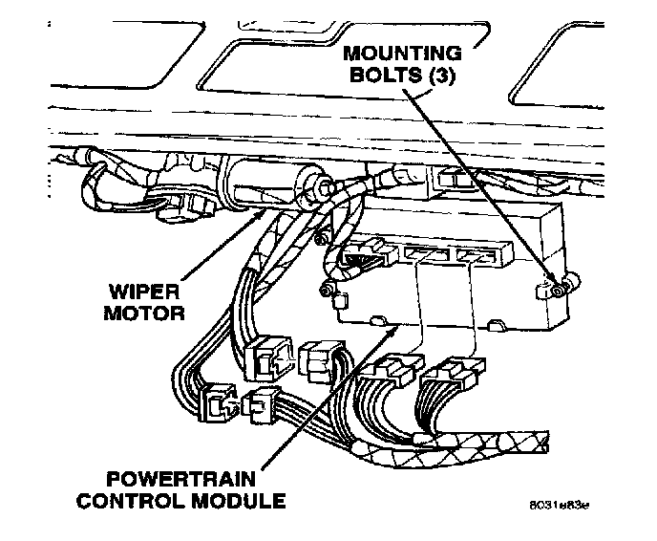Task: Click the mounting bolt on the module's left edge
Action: coord(327,289)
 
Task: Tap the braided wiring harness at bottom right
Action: coord(497,442)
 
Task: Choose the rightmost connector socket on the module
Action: coord(475,257)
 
